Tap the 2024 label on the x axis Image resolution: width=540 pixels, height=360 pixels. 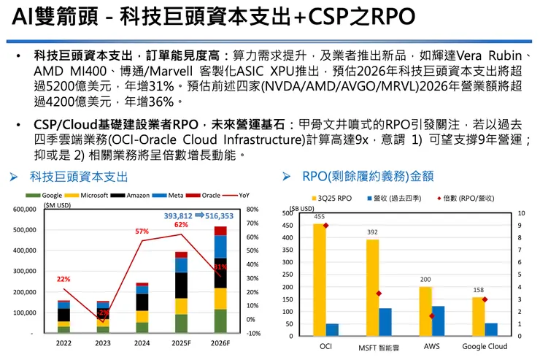coord(142,343)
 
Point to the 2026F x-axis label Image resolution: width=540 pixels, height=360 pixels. coord(220,343)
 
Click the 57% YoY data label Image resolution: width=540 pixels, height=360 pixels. coord(142,231)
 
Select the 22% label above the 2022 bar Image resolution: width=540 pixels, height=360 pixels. coord(63,279)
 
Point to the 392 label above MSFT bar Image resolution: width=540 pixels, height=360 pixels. coord(372,232)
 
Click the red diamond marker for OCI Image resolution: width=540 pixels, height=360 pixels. coord(326,226)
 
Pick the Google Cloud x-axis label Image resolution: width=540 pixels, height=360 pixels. coord(485,346)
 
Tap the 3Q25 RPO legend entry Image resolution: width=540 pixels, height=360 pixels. coord(331,198)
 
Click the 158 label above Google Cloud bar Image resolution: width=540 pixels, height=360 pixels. coord(479,290)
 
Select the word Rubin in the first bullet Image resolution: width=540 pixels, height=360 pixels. coord(501,55)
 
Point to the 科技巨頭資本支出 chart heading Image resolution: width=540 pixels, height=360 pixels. coord(79,176)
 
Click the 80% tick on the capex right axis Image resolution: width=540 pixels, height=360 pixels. coord(253,210)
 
